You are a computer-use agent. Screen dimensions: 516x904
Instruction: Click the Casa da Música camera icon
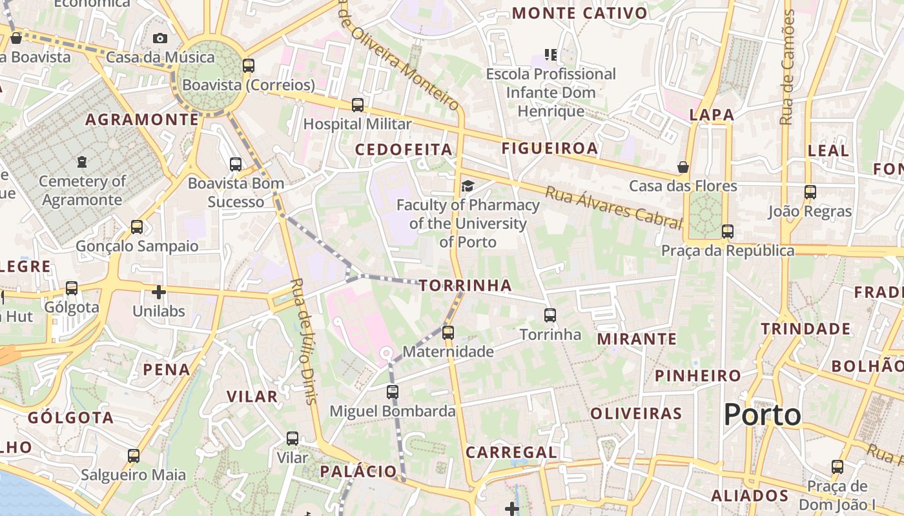coord(160,39)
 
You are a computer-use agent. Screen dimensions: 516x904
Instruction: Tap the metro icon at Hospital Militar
coord(358,104)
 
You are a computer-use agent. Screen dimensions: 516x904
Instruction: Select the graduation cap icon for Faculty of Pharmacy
coord(467,186)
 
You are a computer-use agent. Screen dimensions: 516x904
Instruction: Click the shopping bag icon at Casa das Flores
coord(683,168)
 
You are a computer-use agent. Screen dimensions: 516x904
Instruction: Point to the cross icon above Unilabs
coord(159,292)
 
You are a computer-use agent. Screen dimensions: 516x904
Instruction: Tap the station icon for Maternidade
coord(448,333)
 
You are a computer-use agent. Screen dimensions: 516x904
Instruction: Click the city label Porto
coord(762,415)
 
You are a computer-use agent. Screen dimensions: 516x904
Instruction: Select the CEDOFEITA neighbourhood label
coord(404,150)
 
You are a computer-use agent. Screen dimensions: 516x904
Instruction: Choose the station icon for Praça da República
coord(728,232)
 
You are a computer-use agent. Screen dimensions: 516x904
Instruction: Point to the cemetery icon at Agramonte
coord(82,162)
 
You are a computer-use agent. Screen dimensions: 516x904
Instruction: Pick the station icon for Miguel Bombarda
coord(393,392)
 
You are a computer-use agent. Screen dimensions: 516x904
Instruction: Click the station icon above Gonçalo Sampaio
coord(137,227)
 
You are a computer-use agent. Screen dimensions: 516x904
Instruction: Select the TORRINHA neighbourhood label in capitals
coord(465,285)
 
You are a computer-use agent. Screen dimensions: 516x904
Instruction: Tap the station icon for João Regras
coord(810,192)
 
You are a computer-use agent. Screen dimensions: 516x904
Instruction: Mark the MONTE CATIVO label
coord(579,13)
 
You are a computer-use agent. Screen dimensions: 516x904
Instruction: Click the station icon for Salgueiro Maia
coord(134,456)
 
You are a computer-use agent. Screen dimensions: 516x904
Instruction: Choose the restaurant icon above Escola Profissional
coord(551,55)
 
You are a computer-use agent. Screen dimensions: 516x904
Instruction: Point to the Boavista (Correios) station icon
coord(249,66)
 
